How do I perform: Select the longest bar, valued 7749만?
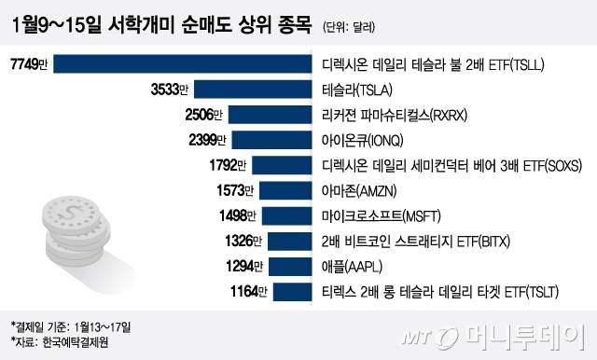click(187, 65)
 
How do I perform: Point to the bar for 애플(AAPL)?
click(289, 267)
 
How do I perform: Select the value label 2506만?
click(205, 116)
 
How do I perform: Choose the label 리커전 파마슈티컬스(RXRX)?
click(386, 116)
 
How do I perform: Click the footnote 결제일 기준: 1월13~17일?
click(70, 326)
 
